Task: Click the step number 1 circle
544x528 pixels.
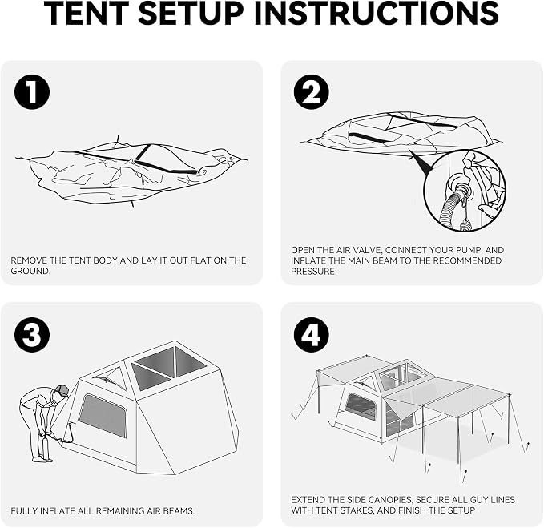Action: coord(32,92)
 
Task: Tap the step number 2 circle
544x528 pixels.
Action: coord(311,92)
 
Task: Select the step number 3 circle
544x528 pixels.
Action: coord(32,335)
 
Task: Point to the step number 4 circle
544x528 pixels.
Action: coord(311,335)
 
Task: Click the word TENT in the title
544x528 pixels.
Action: coord(88,13)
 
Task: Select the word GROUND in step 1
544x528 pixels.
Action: coord(30,271)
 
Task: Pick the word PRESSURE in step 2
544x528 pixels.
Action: coord(313,272)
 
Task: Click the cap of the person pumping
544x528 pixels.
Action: coord(62,390)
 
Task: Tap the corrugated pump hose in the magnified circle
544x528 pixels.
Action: coord(450,208)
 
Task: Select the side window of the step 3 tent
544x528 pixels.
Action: coord(103,415)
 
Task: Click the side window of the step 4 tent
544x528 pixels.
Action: coord(361,406)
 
